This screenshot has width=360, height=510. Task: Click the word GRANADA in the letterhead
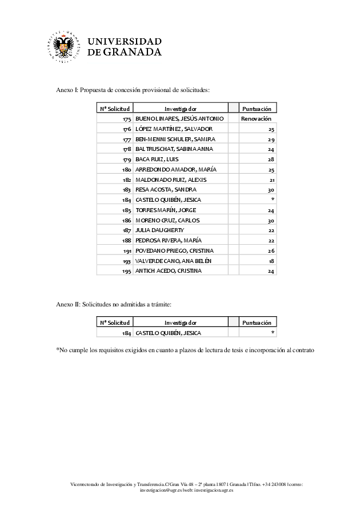click(x=132, y=52)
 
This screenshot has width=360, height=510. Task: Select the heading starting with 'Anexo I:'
click(x=133, y=90)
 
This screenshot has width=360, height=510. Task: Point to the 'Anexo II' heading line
click(x=114, y=304)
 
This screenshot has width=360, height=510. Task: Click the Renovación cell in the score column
click(x=256, y=118)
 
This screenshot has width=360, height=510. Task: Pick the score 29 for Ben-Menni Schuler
click(x=271, y=139)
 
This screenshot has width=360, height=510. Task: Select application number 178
click(x=127, y=149)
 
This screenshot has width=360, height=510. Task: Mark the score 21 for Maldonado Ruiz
click(x=271, y=180)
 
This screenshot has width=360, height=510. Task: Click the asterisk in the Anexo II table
click(x=273, y=333)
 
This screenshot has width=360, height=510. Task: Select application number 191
click(x=127, y=250)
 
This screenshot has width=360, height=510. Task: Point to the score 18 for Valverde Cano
click(x=271, y=261)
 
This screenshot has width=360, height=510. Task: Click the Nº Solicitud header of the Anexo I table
click(x=115, y=108)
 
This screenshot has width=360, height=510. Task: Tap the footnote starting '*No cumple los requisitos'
click(x=185, y=349)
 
